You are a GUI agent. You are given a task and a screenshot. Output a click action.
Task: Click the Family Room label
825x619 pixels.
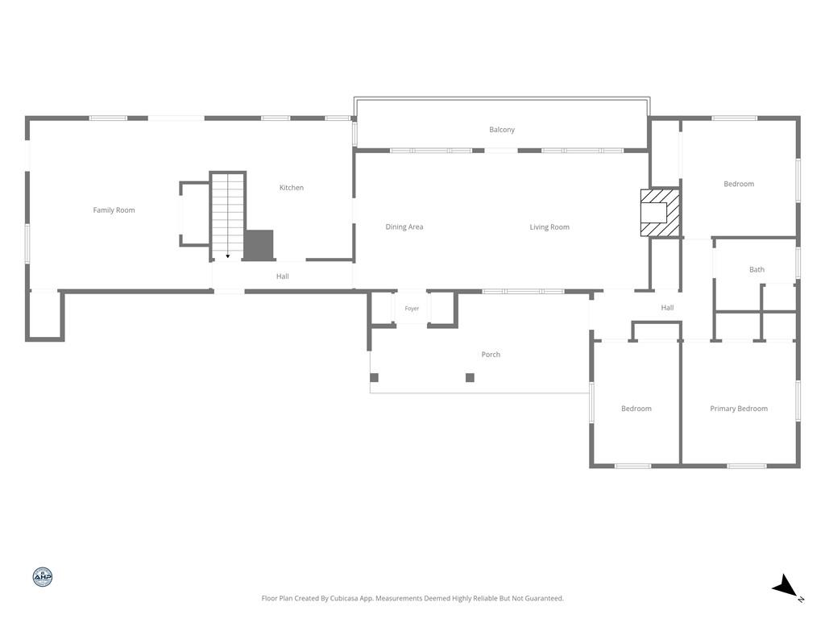coord(114,210)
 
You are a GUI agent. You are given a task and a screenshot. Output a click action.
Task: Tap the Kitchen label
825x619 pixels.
coord(292,187)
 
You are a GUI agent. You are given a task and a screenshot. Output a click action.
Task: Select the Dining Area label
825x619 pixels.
coord(404,226)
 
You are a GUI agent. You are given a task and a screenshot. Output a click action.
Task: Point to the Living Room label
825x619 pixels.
coord(549,226)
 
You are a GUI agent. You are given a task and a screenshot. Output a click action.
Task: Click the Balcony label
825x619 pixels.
coord(502,130)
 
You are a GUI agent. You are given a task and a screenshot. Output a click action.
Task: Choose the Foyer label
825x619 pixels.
coord(412,309)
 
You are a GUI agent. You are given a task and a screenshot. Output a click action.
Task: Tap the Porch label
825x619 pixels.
coord(491,355)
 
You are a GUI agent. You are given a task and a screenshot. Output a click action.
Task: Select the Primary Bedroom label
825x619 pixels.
coord(739,409)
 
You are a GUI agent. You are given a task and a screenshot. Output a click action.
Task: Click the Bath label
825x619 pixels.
coord(757,269)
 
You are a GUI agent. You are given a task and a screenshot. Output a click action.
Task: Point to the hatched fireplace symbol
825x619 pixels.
coord(660,213)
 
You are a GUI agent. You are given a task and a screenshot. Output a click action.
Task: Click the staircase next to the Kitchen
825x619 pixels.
coord(228,216)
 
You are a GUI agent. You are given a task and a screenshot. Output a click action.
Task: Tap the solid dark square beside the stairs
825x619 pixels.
coord(259,245)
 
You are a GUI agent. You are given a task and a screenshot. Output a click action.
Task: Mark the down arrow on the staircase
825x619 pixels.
coord(228,256)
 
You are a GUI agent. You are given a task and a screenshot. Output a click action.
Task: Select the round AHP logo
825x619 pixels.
coord(43,577)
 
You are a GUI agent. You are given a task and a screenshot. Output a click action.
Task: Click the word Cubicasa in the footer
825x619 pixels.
coord(345,599)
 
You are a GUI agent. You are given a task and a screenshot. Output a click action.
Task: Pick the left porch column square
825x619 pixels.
coord(374,377)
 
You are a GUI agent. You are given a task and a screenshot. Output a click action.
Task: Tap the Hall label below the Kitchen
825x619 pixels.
coord(283,276)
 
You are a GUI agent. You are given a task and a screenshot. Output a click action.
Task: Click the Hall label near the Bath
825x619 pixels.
coord(667,307)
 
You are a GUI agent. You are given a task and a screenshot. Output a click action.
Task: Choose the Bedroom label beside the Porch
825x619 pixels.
coord(636,409)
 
